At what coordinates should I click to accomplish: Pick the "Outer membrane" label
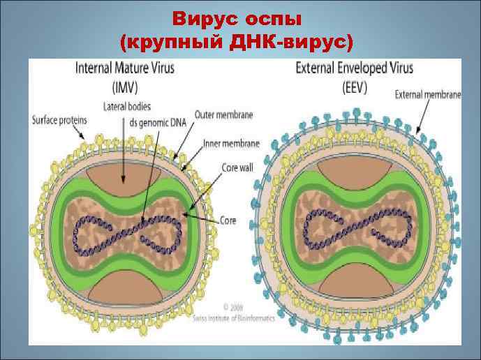224,114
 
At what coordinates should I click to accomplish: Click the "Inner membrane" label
231,143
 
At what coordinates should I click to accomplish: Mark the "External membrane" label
428,95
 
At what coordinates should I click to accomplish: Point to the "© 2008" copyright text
234,308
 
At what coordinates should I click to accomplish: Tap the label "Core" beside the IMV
228,220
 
